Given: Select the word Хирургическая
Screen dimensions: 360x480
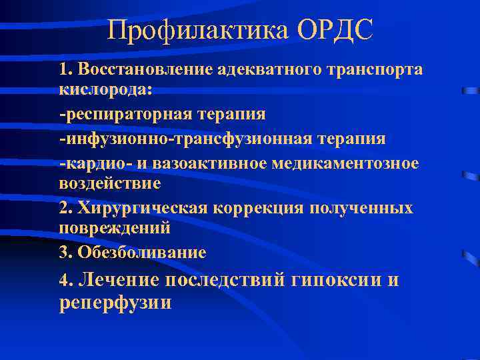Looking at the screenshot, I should click(x=143, y=208).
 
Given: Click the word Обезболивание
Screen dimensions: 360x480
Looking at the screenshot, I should click(x=142, y=253).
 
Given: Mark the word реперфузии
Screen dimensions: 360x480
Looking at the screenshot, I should click(x=115, y=303).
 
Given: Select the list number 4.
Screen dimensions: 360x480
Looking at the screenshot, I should click(x=64, y=281).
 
